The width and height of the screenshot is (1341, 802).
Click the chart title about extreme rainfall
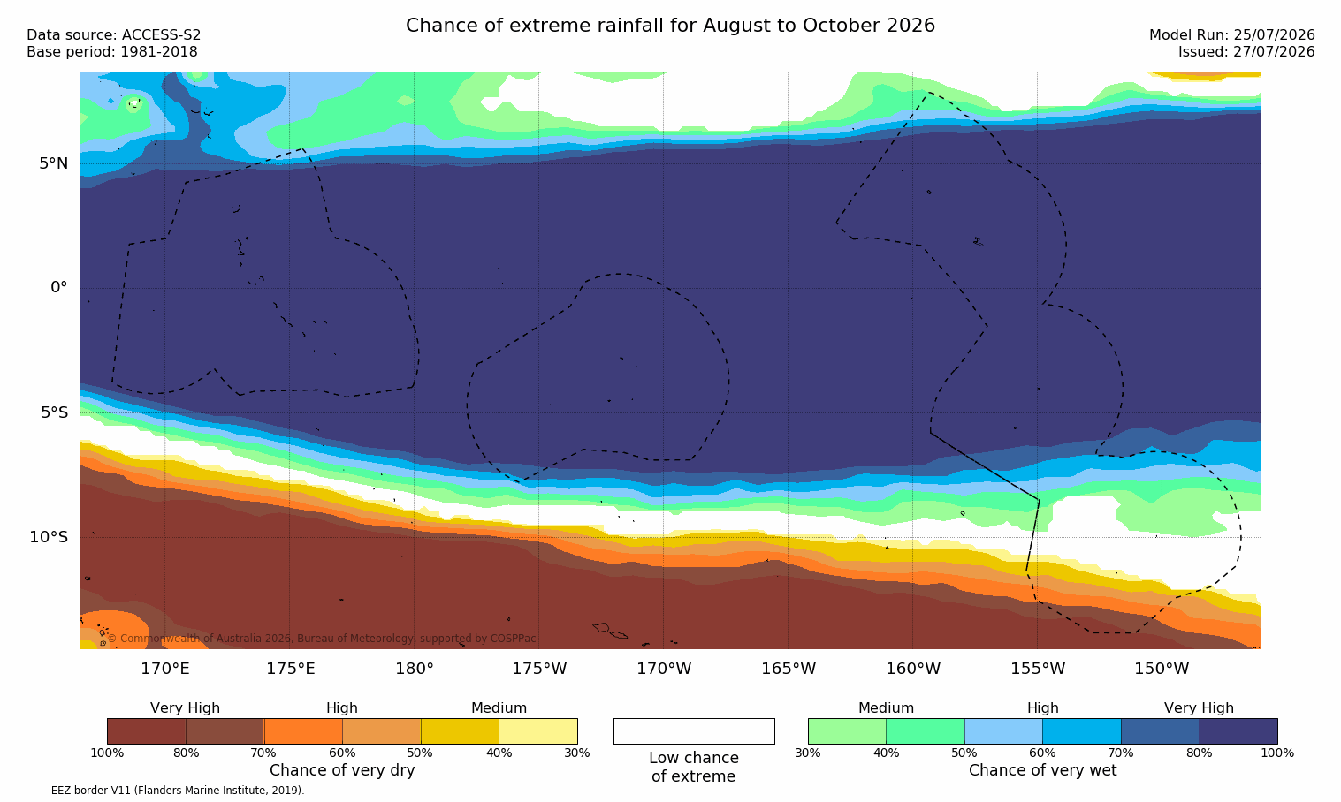point(670,25)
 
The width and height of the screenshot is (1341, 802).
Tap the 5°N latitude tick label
point(53,163)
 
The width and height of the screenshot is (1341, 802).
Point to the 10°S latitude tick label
point(49,537)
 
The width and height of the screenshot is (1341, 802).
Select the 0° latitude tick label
point(58,288)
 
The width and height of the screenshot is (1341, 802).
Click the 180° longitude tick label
point(415,668)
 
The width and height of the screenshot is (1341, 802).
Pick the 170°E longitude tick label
point(165,668)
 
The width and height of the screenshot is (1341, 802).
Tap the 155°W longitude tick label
point(1038,668)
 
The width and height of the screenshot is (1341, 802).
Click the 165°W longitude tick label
point(789,668)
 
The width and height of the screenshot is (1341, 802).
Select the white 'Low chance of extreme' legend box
point(694,730)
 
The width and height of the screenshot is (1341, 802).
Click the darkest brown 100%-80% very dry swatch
point(146,730)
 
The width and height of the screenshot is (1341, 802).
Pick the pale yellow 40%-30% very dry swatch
point(538,730)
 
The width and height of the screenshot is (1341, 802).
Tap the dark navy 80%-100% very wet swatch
point(1238,730)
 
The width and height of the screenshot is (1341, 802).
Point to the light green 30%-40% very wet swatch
point(847,730)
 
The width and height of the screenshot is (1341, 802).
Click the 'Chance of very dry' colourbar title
point(342,770)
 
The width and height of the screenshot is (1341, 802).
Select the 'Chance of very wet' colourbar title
point(1043,770)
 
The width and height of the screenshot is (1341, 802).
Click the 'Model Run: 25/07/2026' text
point(1232,34)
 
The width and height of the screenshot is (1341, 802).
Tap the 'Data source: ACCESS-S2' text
point(114,34)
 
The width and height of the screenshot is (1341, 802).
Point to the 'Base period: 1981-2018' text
point(112,52)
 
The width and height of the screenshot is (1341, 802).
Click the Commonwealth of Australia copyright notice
point(322,638)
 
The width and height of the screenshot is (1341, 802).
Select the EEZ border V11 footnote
point(158,790)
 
